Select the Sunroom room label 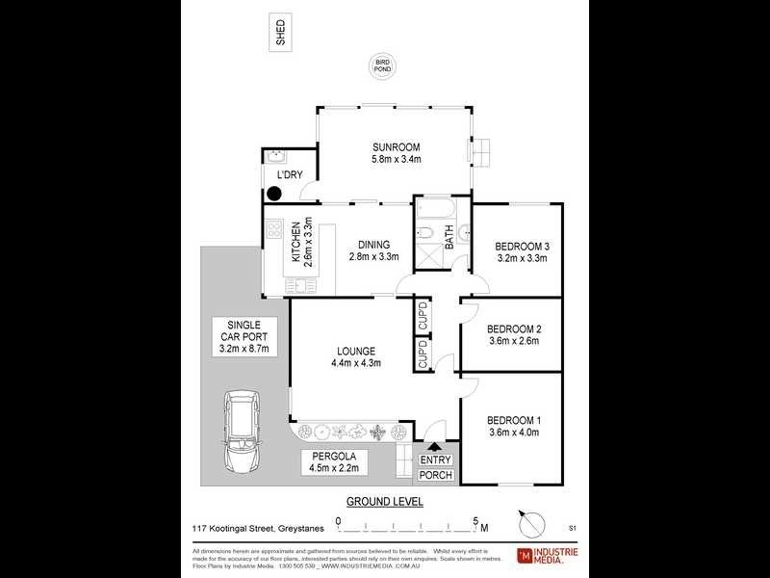point(398,147)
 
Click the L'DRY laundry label point(290,174)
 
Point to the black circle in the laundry point(273,193)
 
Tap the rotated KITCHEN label point(296,243)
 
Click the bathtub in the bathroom point(440,207)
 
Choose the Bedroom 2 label point(512,328)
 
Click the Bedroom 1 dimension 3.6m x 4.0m point(512,433)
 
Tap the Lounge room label point(356,351)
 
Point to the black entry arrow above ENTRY point(435,446)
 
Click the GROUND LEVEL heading point(385,502)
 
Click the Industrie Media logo point(549,555)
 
